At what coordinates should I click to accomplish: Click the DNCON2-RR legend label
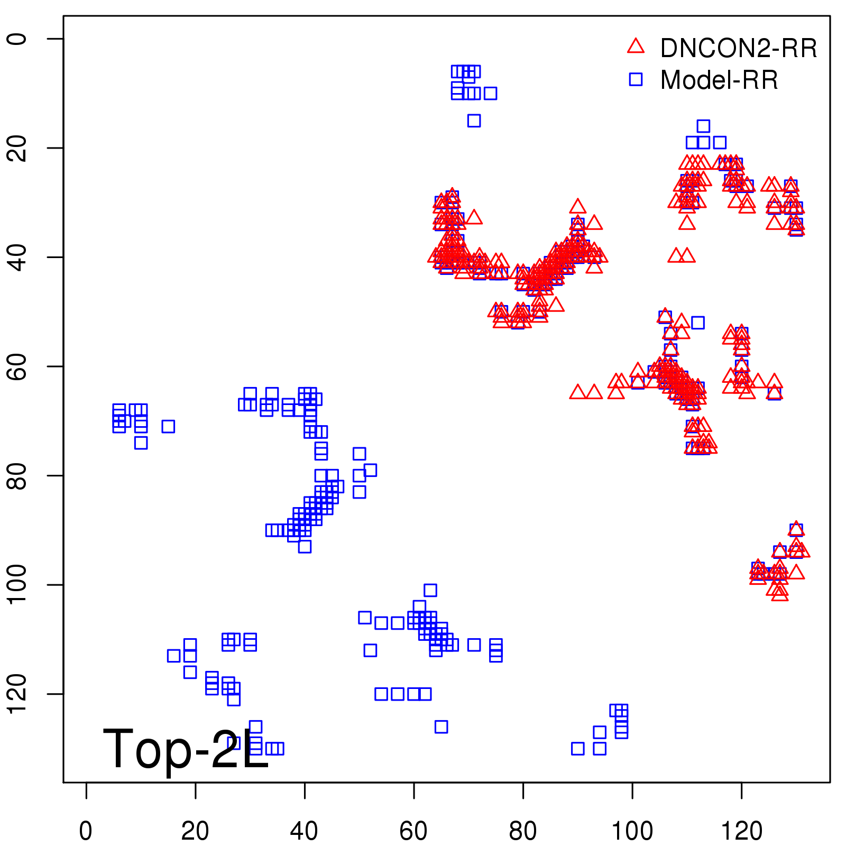(738, 48)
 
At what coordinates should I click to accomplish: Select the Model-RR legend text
(719, 80)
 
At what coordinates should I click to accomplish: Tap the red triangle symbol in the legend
(636, 47)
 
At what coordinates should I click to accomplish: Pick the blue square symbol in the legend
(636, 79)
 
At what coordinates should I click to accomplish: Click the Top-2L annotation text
(185, 749)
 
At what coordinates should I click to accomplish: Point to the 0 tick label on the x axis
(86, 831)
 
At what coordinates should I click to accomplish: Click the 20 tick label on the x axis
(195, 831)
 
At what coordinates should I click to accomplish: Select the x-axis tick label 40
(305, 831)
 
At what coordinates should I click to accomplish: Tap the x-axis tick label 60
(413, 831)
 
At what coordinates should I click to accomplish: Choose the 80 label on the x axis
(523, 831)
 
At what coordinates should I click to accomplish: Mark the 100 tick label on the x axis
(632, 831)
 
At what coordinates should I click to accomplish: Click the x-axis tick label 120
(741, 831)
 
